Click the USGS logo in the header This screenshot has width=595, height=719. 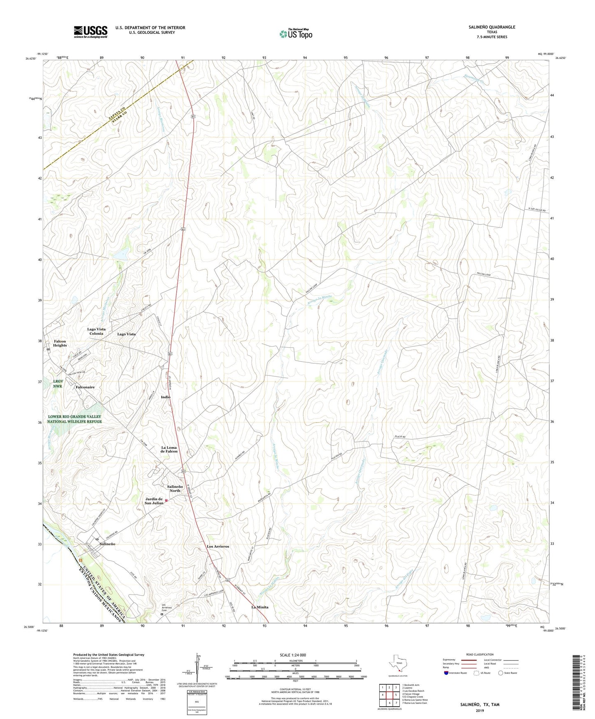(91, 32)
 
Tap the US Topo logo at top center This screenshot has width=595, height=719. (296, 34)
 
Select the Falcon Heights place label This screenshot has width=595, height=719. (60, 343)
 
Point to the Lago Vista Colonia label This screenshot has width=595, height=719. (96, 331)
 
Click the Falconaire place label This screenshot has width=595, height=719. (85, 387)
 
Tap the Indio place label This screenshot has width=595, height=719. (166, 397)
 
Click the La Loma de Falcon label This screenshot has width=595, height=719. (169, 449)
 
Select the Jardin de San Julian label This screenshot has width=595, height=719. (154, 501)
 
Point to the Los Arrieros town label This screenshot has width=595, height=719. (218, 546)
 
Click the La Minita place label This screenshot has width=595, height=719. (260, 607)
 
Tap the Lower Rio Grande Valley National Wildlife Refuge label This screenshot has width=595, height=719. (74, 419)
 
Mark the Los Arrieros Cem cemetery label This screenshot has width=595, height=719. (166, 607)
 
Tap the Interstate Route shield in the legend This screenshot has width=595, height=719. (447, 673)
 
